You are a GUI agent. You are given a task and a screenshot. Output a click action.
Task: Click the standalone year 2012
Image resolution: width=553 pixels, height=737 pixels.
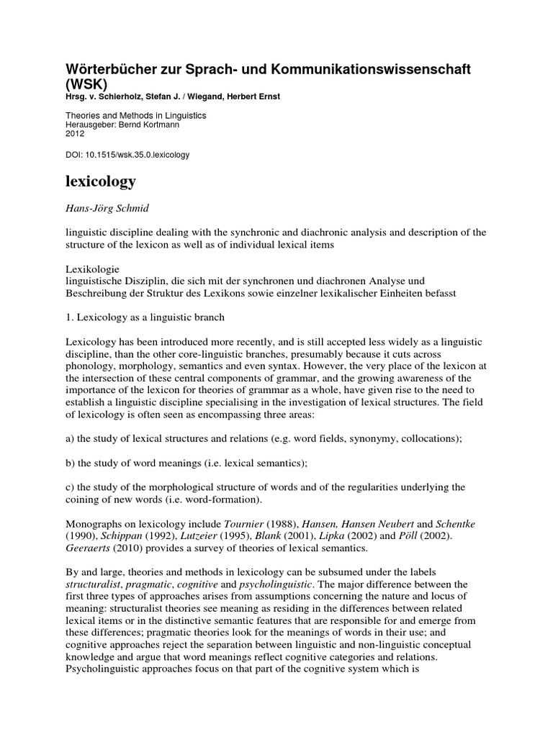point(75,134)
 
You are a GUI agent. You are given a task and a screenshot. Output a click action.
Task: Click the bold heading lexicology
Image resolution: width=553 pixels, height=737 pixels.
point(100,181)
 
